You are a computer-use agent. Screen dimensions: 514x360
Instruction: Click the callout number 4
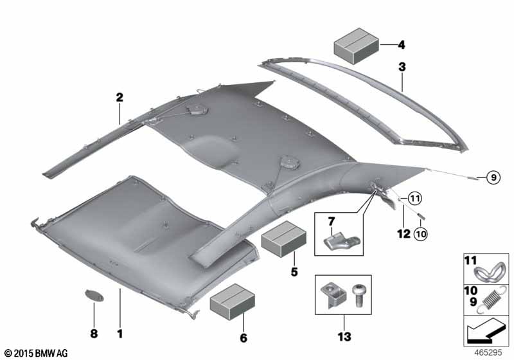click(x=401, y=44)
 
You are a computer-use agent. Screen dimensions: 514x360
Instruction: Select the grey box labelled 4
click(x=357, y=46)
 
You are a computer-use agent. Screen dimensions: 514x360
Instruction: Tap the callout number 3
click(x=402, y=67)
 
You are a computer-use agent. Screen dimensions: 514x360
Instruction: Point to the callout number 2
click(x=120, y=97)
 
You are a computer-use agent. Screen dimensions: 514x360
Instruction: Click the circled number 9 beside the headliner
click(x=493, y=177)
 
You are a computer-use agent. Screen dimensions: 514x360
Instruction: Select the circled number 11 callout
click(x=414, y=198)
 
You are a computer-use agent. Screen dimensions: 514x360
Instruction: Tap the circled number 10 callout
click(x=421, y=234)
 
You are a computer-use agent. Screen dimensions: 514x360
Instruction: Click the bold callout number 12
click(x=403, y=234)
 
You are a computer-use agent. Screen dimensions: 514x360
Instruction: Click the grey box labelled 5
click(x=284, y=239)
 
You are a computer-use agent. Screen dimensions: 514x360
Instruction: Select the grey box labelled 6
click(x=233, y=301)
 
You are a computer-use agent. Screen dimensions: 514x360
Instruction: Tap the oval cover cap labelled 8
click(x=94, y=296)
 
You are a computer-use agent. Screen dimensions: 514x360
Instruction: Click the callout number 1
click(x=120, y=334)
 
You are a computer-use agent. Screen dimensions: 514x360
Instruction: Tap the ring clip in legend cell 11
click(x=490, y=271)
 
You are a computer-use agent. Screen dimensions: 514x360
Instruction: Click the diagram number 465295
click(x=488, y=353)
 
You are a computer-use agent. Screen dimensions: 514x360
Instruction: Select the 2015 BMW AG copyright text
click(x=37, y=353)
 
